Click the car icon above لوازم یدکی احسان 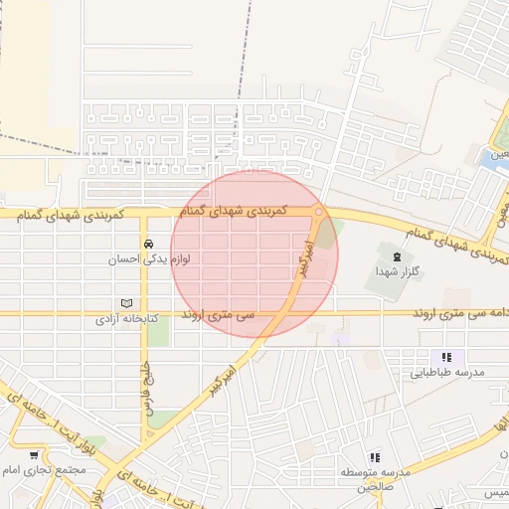[148, 244]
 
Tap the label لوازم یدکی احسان [148, 259]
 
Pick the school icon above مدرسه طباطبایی [446, 357]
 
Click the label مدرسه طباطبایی [446, 373]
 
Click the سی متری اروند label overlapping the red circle [218, 314]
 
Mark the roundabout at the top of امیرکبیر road [318, 211]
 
